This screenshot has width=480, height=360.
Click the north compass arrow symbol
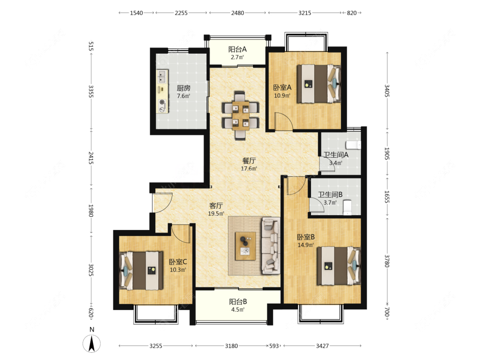pos(92,343)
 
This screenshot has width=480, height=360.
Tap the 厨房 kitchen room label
pos(183,88)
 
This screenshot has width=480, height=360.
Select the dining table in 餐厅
pos(240,115)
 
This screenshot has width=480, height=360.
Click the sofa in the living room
pos(271,246)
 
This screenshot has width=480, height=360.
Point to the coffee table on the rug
pos(245,246)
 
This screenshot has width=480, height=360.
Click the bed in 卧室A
pos(319,84)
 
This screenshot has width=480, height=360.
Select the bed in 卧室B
pos(339,266)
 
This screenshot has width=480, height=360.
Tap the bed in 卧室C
pos(141,270)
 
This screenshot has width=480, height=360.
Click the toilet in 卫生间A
pos(353,145)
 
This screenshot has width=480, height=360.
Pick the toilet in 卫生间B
pos(347,207)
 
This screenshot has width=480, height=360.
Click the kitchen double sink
pos(162,77)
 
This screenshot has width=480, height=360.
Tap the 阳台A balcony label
pos(238,49)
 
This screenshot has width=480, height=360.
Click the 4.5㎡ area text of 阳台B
pos(238,310)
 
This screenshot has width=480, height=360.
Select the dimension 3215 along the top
pos(305,13)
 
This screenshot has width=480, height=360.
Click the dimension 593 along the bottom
pos(274,346)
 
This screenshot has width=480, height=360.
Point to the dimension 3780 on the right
pos(387,261)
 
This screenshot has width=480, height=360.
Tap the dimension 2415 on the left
pos(91,157)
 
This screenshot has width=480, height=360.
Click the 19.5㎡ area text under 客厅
pos(216,214)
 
